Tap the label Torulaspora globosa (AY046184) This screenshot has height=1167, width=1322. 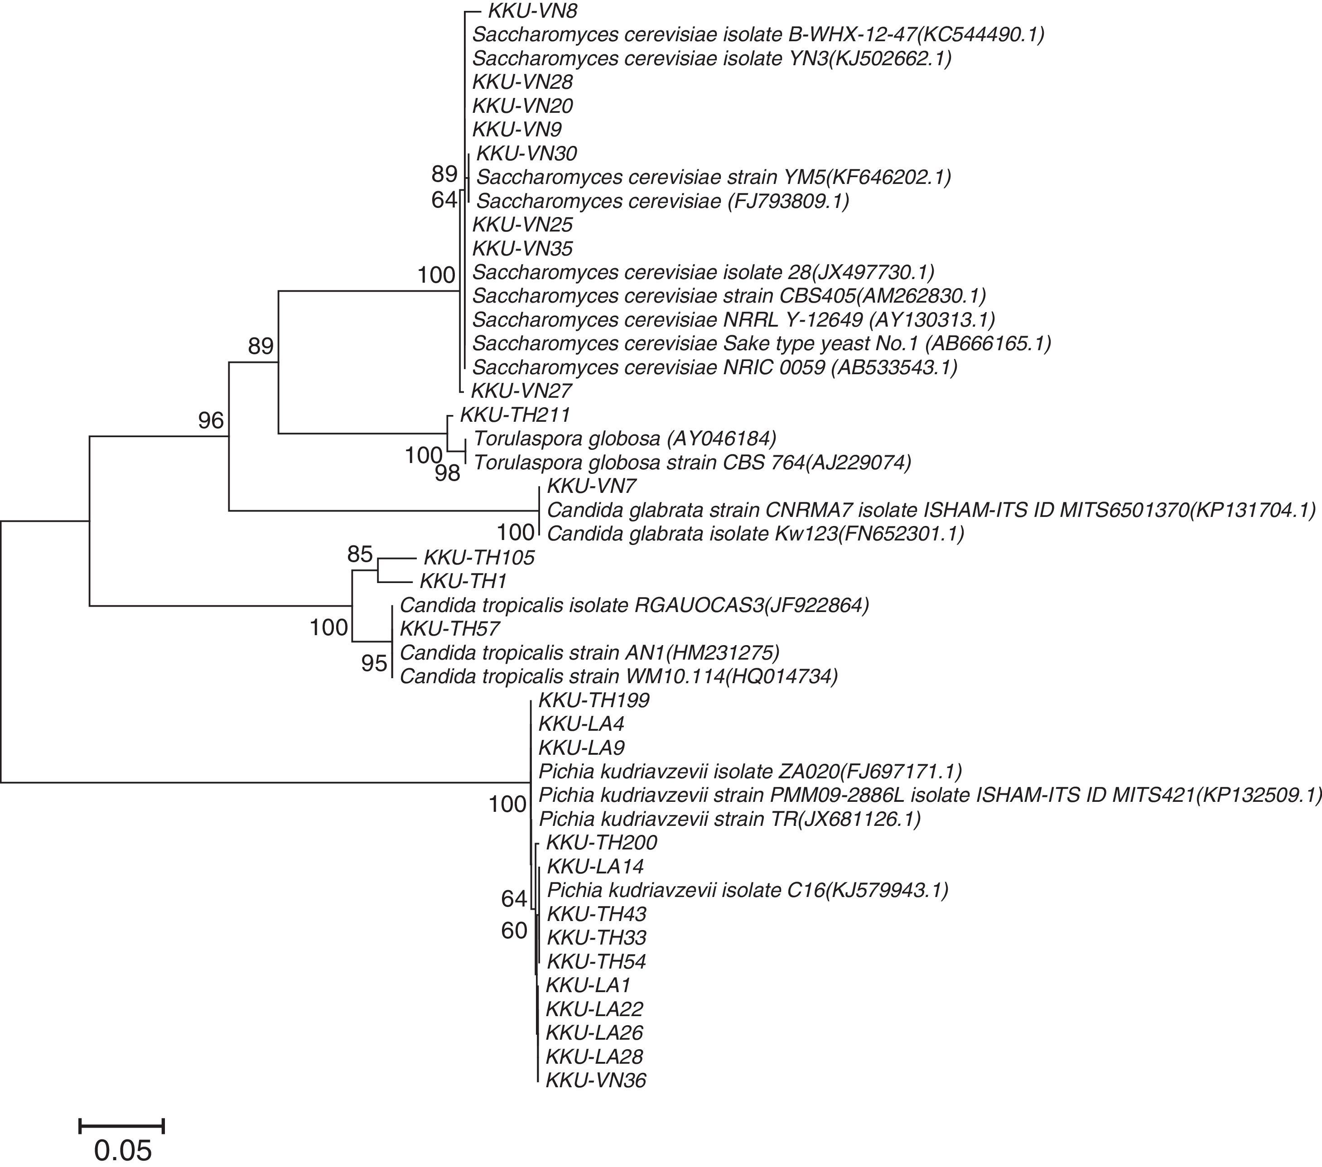point(624,439)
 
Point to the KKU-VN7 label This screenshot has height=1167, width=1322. point(592,486)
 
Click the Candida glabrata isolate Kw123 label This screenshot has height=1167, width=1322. point(755,534)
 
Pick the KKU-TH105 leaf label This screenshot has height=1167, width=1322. point(478,558)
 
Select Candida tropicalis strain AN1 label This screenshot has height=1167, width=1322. point(590,652)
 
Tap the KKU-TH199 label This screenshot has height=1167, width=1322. point(594,700)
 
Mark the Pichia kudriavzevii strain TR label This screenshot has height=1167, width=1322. point(729,819)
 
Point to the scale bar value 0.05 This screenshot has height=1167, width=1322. point(122,1151)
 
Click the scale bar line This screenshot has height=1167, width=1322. point(121,1126)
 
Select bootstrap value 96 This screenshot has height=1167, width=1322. point(211,421)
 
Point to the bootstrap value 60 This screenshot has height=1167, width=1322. point(514,931)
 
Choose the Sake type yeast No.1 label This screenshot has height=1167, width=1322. point(761,343)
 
